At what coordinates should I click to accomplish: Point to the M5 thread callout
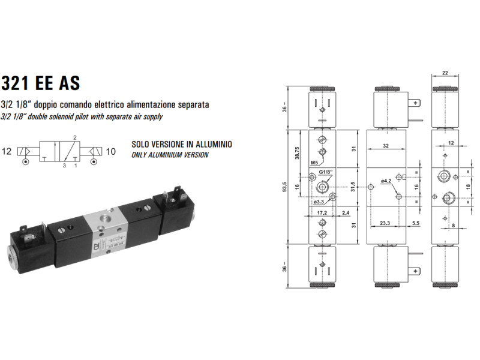[x=314, y=163]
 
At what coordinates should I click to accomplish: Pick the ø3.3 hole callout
[x=319, y=202]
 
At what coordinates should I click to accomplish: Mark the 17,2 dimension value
[x=321, y=213]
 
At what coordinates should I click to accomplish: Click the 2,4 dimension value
[x=346, y=213]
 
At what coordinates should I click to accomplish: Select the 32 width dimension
[x=386, y=145]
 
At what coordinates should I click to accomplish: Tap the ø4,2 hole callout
[x=386, y=181]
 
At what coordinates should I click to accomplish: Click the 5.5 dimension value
[x=415, y=223]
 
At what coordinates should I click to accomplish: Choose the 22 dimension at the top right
[x=445, y=73]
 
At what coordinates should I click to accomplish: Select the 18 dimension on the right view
[x=467, y=187]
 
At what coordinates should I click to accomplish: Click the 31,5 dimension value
[x=353, y=186]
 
